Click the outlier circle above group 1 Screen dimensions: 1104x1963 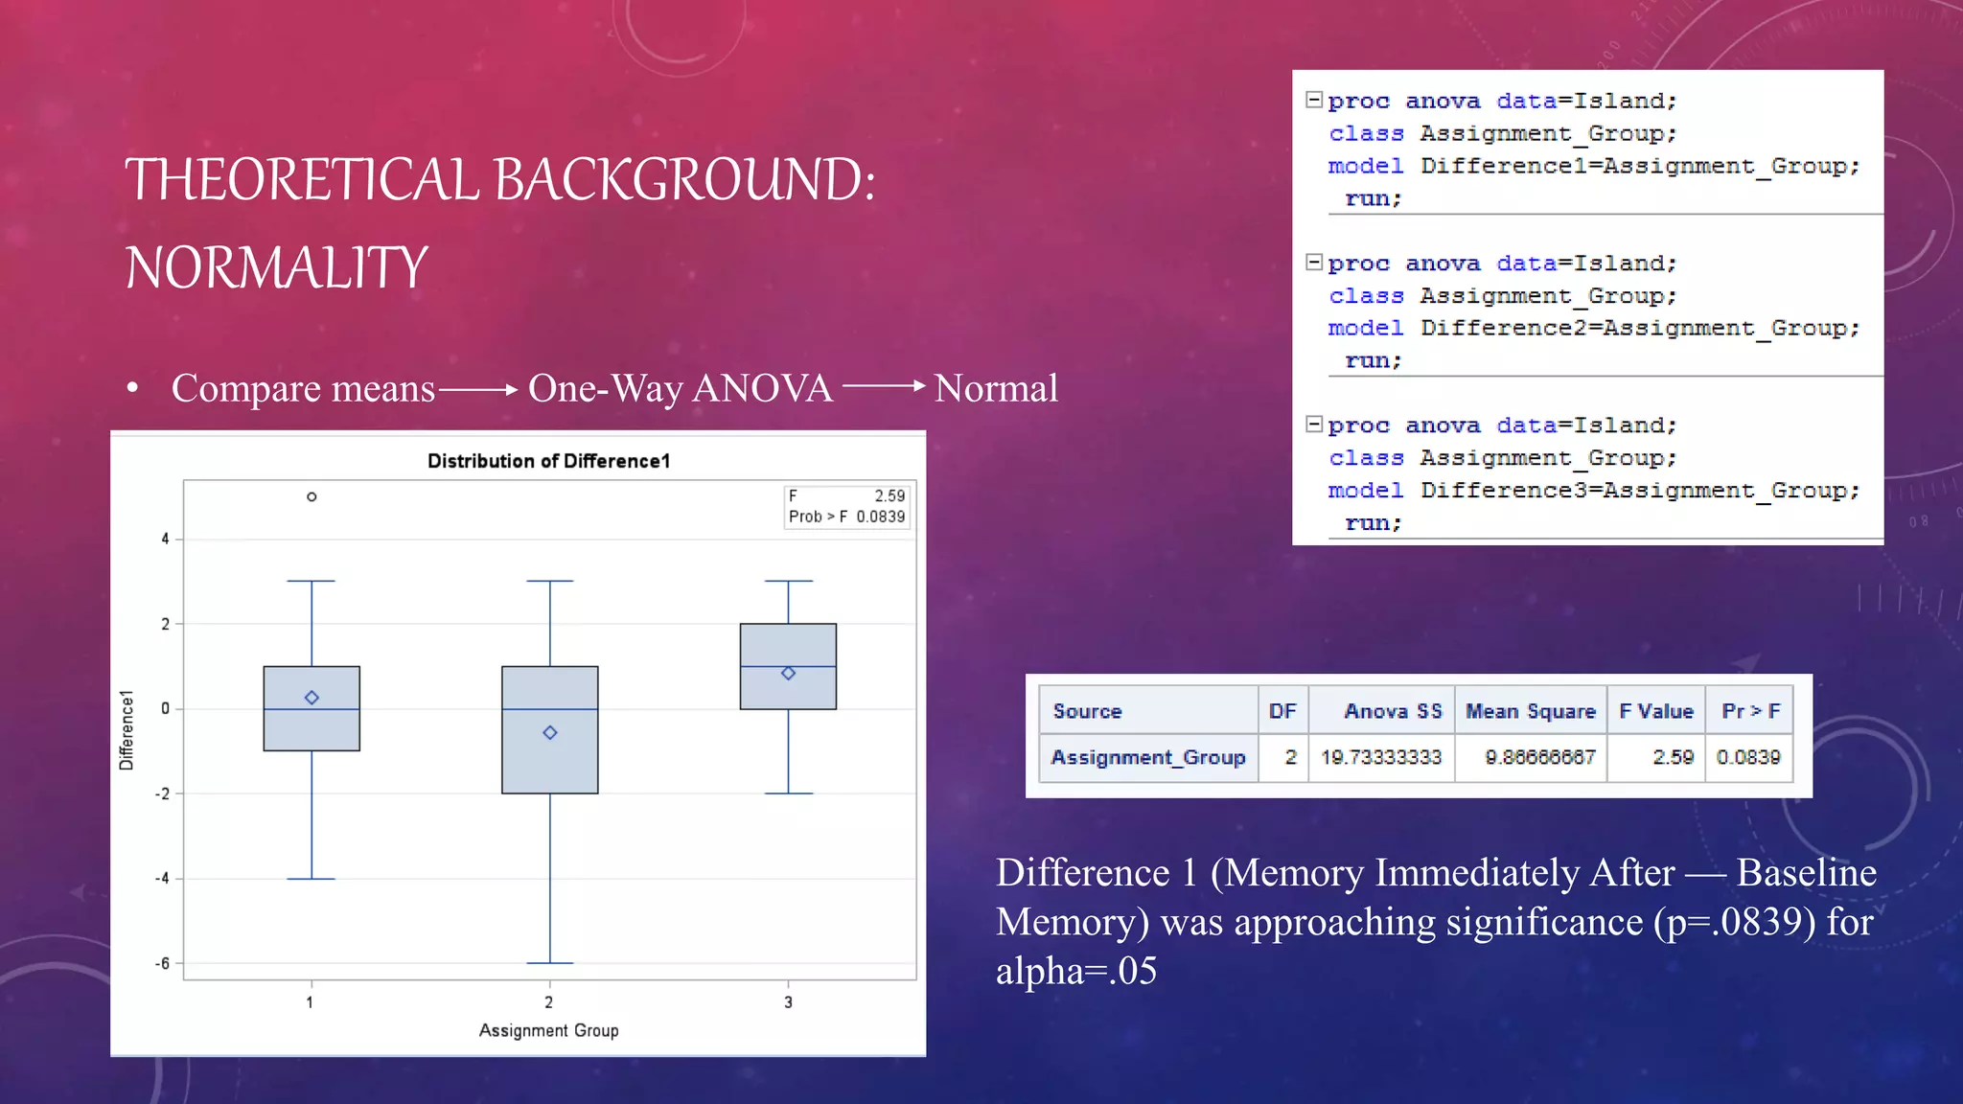pos(312,496)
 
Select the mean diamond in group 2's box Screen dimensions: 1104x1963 pos(550,732)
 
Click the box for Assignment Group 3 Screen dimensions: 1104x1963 pos(788,666)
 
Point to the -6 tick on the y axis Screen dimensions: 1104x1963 pos(164,963)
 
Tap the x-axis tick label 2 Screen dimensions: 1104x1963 pos(548,1002)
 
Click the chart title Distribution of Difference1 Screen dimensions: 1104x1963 pos(548,461)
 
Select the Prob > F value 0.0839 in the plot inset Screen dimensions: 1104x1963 pos(880,517)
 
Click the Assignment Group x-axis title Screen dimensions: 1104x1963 pos(548,1030)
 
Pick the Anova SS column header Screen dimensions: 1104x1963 pos(1392,711)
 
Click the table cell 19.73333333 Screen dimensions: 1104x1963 pos(1380,757)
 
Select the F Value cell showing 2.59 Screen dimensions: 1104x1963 pos(1673,757)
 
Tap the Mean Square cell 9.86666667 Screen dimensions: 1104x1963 pos(1539,757)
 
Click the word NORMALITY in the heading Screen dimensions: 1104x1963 pos(276,267)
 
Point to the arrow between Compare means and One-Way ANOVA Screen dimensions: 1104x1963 pos(478,389)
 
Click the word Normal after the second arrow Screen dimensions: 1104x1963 pos(995,388)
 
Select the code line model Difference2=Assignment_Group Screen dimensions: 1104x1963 pos(1593,328)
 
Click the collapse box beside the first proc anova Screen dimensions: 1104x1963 pos(1314,100)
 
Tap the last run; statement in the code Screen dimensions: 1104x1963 pos(1373,523)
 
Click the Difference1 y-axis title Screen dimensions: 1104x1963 pos(126,730)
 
